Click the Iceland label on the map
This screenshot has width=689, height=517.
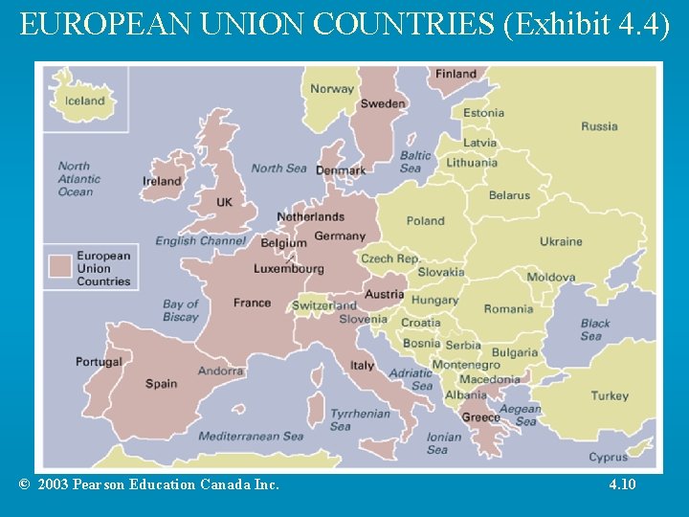point(85,101)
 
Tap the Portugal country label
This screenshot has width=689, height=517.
point(100,362)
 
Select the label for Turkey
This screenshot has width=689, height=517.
point(610,395)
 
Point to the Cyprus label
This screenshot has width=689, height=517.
point(609,457)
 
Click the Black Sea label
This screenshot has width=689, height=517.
point(594,329)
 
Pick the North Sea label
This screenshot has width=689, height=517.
point(278,169)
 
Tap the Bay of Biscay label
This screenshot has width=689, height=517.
point(180,310)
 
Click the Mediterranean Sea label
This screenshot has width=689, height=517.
point(251,437)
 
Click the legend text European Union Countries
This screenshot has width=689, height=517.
point(103,268)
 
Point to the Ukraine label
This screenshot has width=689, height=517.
point(561,241)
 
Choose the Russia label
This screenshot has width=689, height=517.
point(599,126)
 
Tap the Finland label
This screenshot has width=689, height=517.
point(456,74)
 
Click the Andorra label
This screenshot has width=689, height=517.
point(220,371)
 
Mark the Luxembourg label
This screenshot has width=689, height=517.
point(289,269)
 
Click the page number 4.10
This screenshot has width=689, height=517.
point(622,484)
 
